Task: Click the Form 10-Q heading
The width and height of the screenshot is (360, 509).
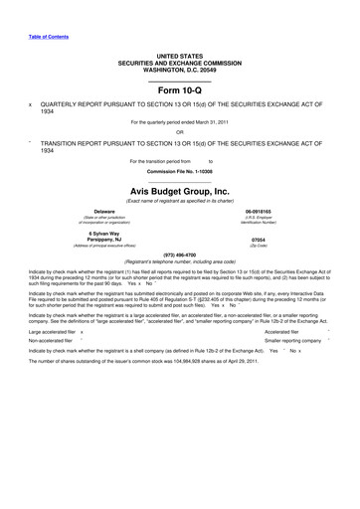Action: click(x=179, y=89)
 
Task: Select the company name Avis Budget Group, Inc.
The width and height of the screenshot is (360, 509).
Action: click(x=179, y=190)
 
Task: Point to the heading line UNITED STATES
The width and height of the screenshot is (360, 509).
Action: click(x=179, y=57)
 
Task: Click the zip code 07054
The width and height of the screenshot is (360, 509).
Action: click(x=258, y=240)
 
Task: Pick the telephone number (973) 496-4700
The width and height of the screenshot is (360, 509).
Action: click(x=179, y=254)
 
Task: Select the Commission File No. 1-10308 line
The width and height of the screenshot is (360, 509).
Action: click(x=179, y=171)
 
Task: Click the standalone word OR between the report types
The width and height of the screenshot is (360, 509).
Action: click(x=179, y=132)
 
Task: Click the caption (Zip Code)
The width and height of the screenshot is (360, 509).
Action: click(x=258, y=246)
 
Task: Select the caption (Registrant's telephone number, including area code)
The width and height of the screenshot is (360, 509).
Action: click(x=179, y=260)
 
